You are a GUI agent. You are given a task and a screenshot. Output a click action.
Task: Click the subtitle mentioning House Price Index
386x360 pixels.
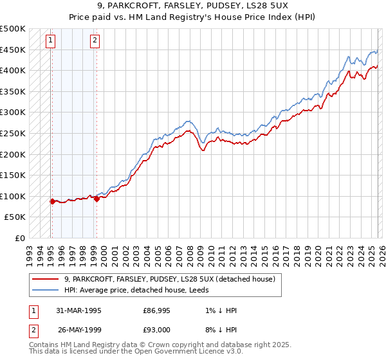pyautogui.click(x=193, y=18)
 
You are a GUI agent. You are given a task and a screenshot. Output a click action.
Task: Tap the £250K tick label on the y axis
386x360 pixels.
pyautogui.click(x=13, y=133)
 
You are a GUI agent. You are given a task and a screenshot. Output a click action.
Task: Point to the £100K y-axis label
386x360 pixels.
pyautogui.click(x=13, y=196)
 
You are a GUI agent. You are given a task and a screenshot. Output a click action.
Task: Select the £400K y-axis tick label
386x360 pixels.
pyautogui.click(x=13, y=70)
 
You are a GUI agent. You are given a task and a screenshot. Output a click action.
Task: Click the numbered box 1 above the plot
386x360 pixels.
pyautogui.click(x=51, y=40)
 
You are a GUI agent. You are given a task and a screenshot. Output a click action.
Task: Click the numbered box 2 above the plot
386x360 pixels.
pyautogui.click(x=95, y=40)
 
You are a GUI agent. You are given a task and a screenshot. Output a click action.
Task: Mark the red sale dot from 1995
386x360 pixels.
pyautogui.click(x=52, y=201)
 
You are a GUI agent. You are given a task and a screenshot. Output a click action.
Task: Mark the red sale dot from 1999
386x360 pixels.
pyautogui.click(x=96, y=199)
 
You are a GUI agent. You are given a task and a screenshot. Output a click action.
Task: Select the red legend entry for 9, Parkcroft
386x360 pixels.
pyautogui.click(x=170, y=279)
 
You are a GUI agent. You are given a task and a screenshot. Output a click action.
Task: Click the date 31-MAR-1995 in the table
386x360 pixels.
pyautogui.click(x=75, y=310)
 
